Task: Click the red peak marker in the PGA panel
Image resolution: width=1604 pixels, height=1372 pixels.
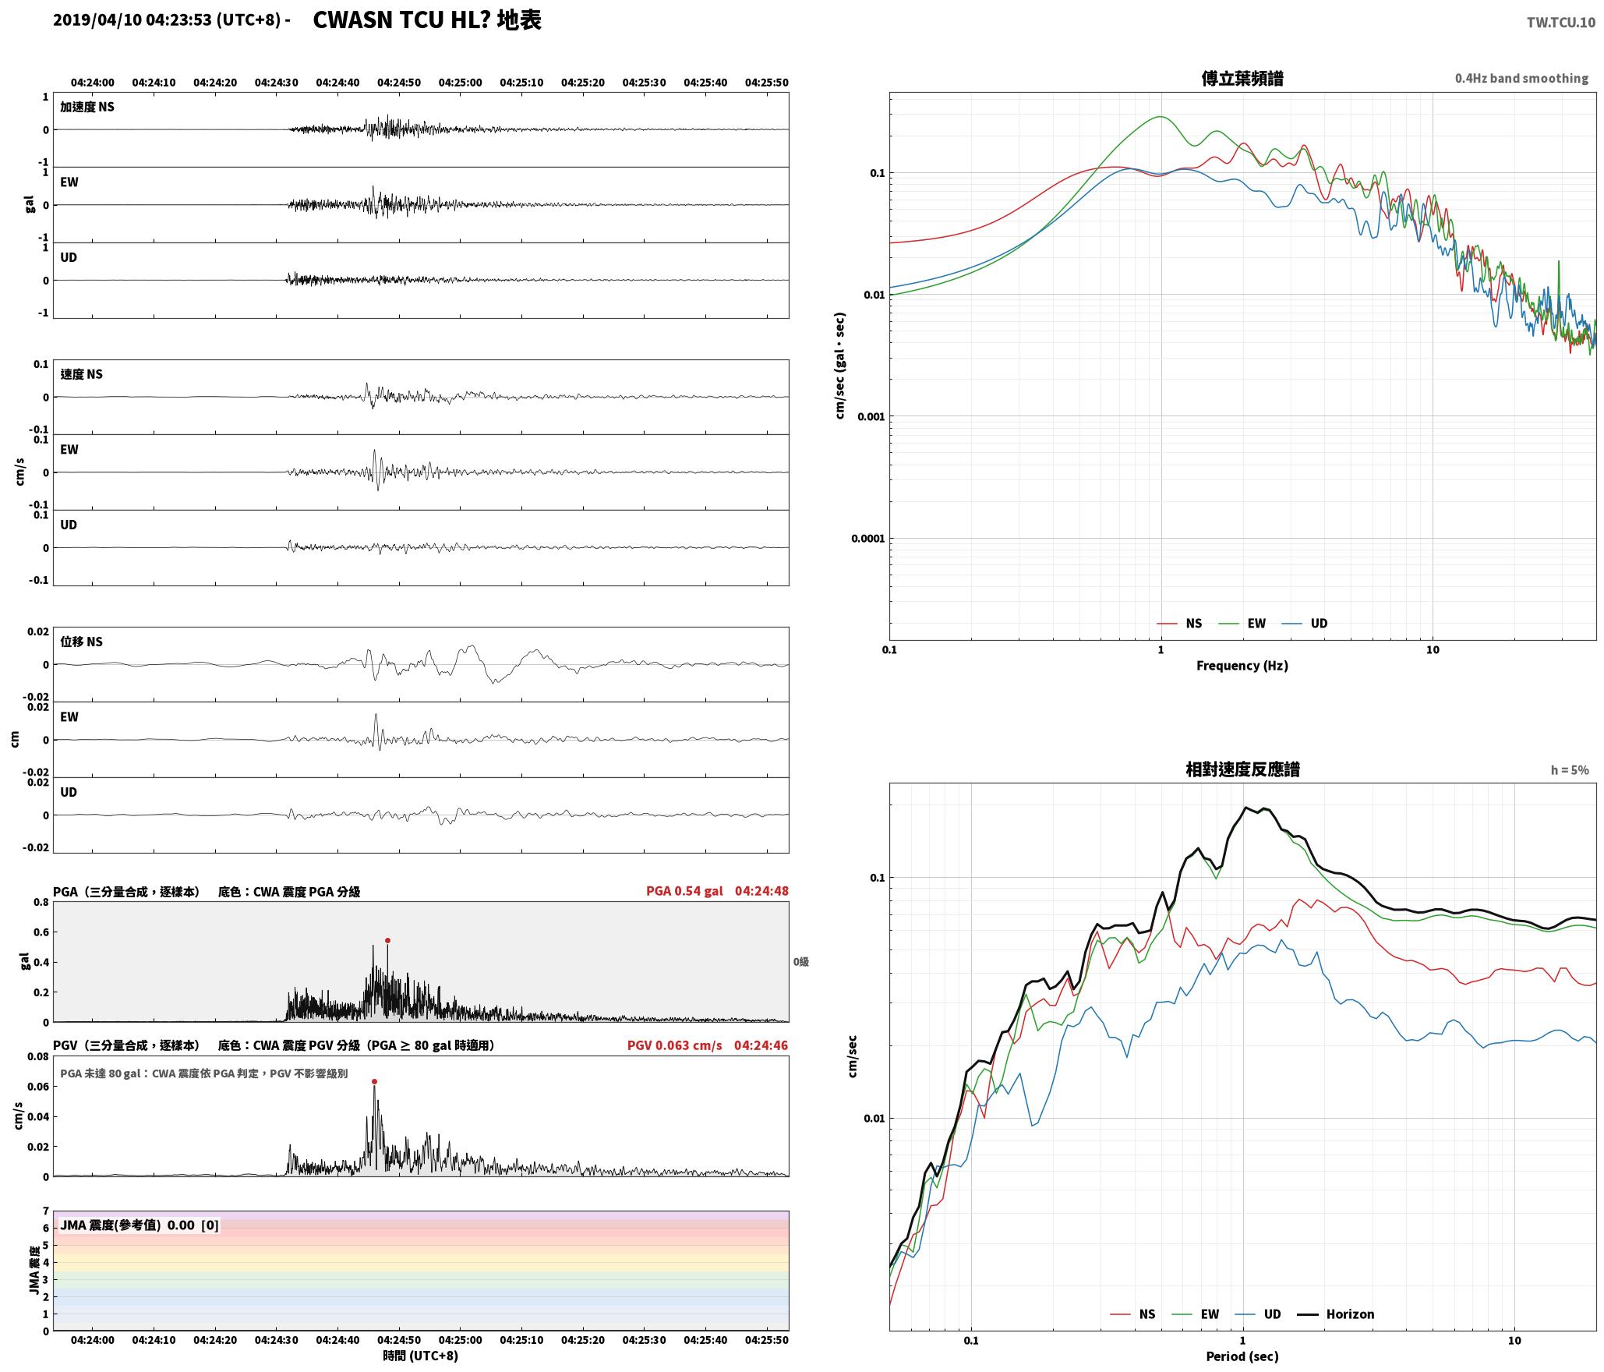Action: (x=387, y=940)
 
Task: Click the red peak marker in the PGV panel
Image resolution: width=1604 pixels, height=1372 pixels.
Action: (x=374, y=1081)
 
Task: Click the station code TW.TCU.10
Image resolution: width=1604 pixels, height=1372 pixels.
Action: (x=1560, y=23)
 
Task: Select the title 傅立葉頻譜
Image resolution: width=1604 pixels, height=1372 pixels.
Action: (x=1242, y=79)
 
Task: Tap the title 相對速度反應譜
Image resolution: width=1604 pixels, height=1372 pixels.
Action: (x=1242, y=769)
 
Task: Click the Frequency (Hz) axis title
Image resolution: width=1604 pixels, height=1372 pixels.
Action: (x=1242, y=665)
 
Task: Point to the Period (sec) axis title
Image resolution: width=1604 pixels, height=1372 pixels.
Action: (x=1242, y=1356)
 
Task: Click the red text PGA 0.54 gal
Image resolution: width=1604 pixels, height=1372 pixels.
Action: (x=684, y=890)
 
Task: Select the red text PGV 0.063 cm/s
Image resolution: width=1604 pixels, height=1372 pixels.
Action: (x=675, y=1045)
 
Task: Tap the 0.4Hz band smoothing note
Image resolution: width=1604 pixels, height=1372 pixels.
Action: (x=1521, y=78)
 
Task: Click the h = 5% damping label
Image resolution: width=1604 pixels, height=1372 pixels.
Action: (x=1570, y=770)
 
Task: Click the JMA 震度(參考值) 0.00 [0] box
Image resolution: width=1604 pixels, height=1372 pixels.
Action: (x=140, y=1225)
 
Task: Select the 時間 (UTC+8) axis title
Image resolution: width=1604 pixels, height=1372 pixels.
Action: (x=420, y=1356)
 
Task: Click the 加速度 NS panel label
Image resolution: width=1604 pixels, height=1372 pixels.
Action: (x=87, y=107)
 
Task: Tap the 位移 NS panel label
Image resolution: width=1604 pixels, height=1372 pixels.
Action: (x=82, y=642)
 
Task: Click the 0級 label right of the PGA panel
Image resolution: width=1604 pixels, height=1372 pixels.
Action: (x=801, y=962)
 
